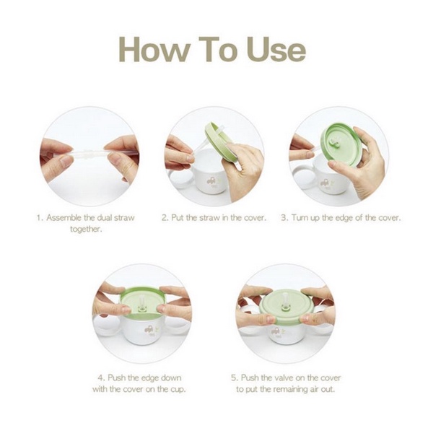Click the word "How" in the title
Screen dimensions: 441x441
pyautogui.click(x=154, y=50)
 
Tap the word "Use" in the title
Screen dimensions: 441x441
pyautogui.click(x=276, y=50)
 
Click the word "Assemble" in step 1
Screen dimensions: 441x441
pyautogui.click(x=65, y=218)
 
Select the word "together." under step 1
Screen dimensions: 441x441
pyautogui.click(x=85, y=230)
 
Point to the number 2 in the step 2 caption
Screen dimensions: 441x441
pyautogui.click(x=165, y=218)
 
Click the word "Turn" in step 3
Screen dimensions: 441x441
pyautogui.click(x=300, y=218)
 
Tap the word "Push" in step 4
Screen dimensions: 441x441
pyautogui.click(x=117, y=377)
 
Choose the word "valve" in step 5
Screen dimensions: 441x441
pyautogui.click(x=283, y=377)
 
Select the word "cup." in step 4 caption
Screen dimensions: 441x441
pyautogui.click(x=178, y=390)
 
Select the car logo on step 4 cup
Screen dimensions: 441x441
pyautogui.click(x=149, y=328)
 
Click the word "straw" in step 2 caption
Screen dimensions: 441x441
pyautogui.click(x=209, y=218)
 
